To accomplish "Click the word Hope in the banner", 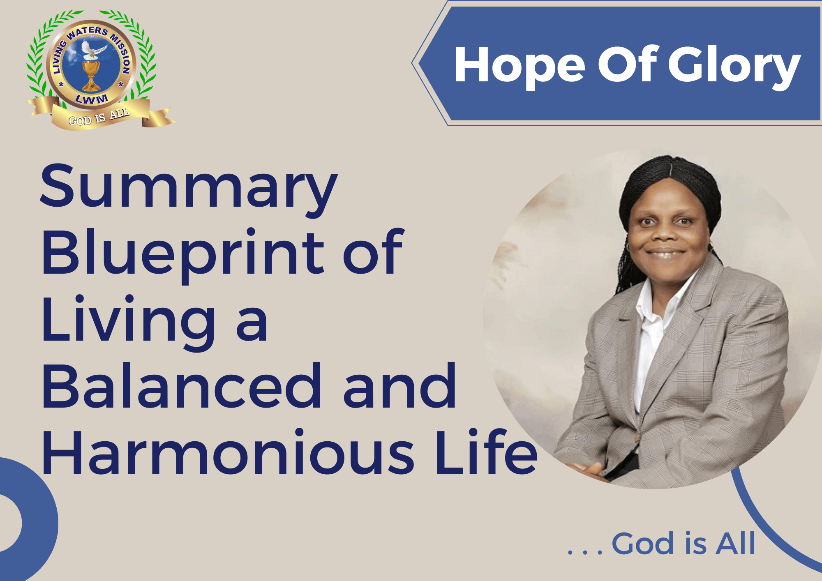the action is (x=520, y=66).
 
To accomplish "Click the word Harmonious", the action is (x=228, y=452).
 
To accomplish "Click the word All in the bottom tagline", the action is (x=735, y=543).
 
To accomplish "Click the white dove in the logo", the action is (x=92, y=49).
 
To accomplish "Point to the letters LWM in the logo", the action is (x=92, y=99).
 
